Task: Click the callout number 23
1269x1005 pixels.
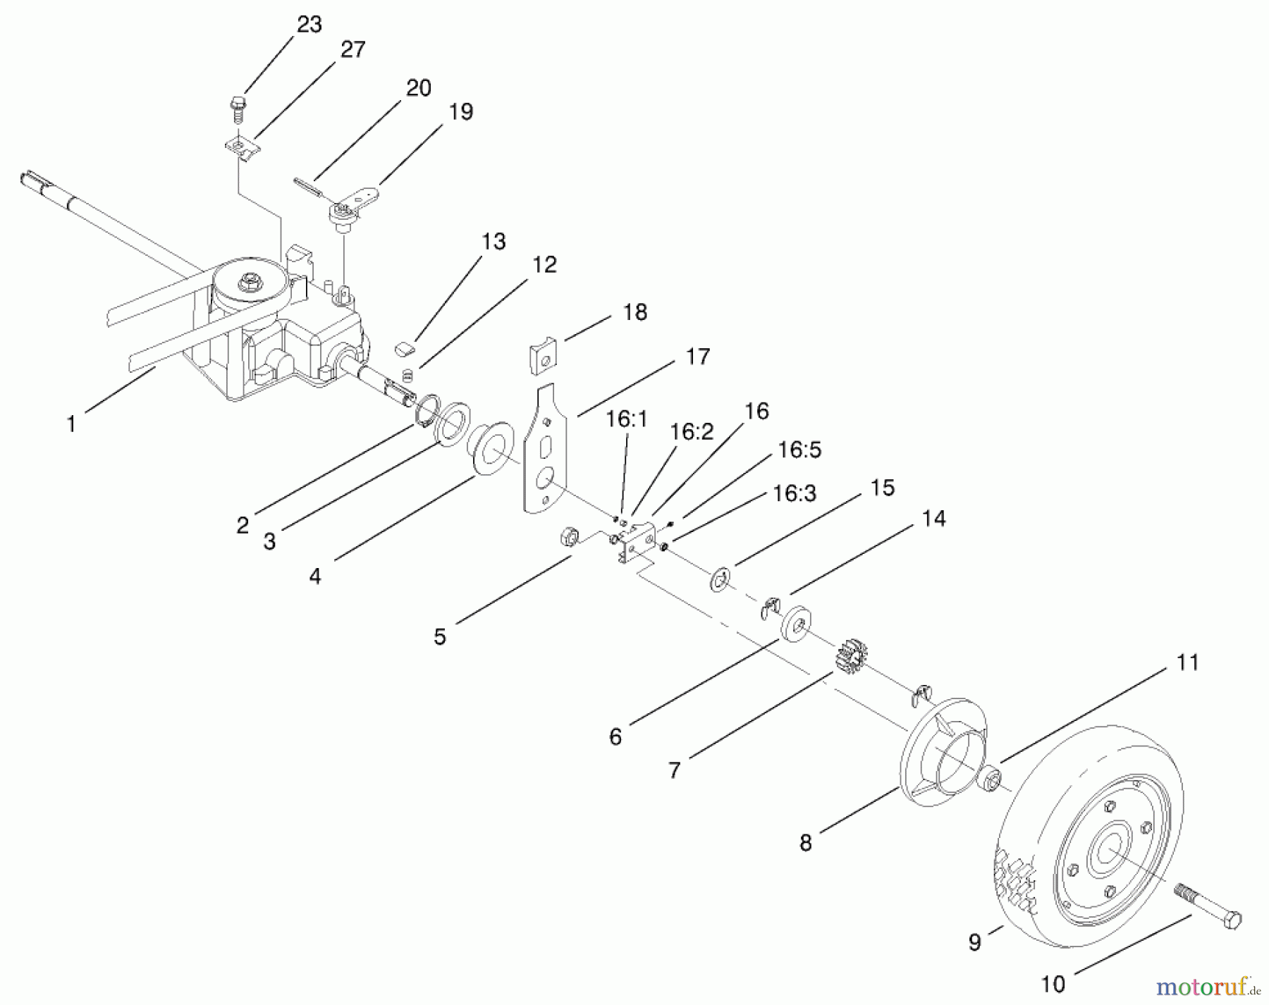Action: pyautogui.click(x=309, y=25)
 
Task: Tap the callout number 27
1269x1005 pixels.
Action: pyautogui.click(x=352, y=49)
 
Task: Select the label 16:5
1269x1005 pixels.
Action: pyautogui.click(x=799, y=450)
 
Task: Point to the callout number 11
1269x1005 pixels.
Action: pyautogui.click(x=1187, y=662)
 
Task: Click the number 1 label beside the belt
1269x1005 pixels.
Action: pyautogui.click(x=70, y=424)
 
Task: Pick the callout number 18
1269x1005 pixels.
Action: pyautogui.click(x=635, y=312)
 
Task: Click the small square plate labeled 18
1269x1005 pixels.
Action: pyautogui.click(x=544, y=358)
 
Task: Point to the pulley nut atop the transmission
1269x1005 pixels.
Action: pyautogui.click(x=248, y=283)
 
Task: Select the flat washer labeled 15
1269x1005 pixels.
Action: pyautogui.click(x=718, y=580)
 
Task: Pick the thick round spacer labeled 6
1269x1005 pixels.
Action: pyautogui.click(x=795, y=622)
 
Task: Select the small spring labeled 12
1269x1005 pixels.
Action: pyautogui.click(x=407, y=373)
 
